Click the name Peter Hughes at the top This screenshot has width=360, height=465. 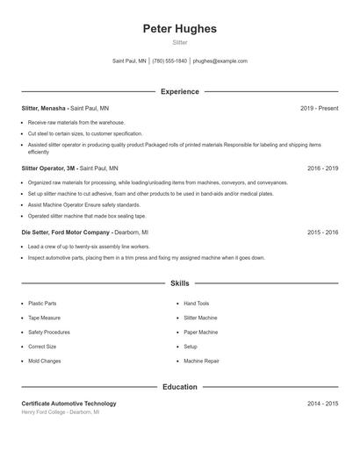click(179, 29)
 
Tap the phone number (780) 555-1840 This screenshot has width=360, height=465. click(169, 61)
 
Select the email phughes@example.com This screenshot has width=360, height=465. click(220, 61)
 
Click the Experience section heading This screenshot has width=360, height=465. click(179, 91)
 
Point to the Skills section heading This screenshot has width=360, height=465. click(179, 283)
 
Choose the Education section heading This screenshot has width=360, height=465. click(179, 387)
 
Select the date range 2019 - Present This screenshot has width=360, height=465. click(319, 108)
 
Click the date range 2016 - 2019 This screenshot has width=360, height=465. click(322, 168)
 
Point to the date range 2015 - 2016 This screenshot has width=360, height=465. click(322, 232)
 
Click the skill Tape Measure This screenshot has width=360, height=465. click(44, 318)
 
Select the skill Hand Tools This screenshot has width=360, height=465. click(197, 304)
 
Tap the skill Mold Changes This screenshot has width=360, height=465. click(45, 361)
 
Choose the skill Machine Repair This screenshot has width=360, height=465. click(201, 361)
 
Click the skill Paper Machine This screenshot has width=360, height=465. click(201, 333)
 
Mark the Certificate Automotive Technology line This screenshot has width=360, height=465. click(68, 404)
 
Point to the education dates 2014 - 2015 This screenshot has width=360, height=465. click(322, 404)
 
